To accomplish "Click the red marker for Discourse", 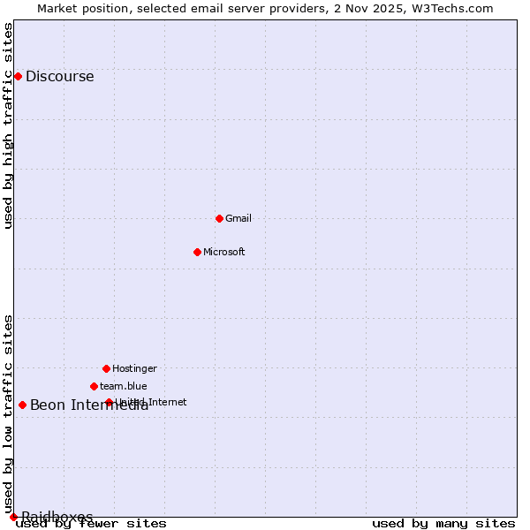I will coord(18,76).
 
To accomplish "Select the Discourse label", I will coord(59,76).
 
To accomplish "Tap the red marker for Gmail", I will coord(219,218).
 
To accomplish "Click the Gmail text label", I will coord(238,218).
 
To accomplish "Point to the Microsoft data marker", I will coord(197,252).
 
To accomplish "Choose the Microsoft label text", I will coord(223,252).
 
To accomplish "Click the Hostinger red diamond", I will coord(106,368).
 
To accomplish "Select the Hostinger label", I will coord(134,368).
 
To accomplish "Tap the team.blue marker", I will coord(94,386).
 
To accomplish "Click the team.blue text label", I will coord(124,386).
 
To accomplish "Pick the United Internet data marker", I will coord(109,402).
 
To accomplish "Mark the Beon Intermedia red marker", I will coord(22,405).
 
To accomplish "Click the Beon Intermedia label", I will coord(88,405).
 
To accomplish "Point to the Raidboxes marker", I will coord(13,517).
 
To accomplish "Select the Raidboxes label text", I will coord(57,517).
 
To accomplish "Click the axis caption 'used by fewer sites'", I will coord(91,524).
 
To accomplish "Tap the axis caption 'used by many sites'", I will coord(443,524).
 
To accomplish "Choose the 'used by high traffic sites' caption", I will coord(8,125).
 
